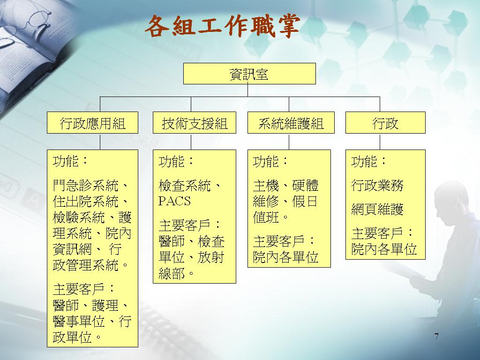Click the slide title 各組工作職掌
point(222,27)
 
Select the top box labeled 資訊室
point(249,74)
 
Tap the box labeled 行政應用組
point(92,122)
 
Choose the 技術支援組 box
point(195,122)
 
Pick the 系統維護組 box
point(291,122)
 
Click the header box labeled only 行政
point(385,122)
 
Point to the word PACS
point(174,201)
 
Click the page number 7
point(436,336)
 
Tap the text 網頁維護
point(377,210)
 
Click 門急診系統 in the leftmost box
point(85,186)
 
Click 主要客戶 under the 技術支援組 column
point(184,225)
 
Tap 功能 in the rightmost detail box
point(364,161)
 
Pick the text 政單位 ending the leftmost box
point(72,337)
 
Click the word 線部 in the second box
point(172,273)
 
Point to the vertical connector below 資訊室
point(247,90)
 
